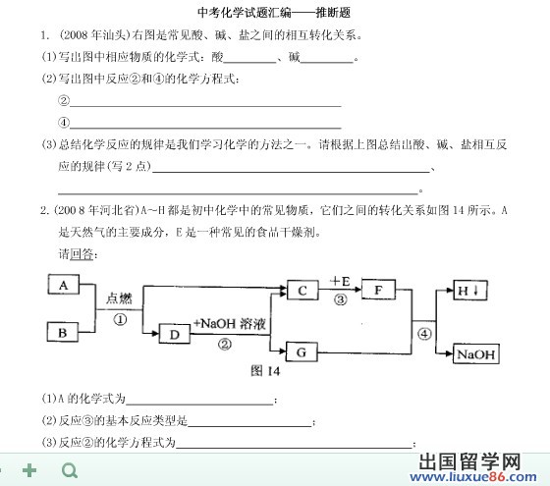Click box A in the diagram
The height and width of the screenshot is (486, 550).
coord(64,285)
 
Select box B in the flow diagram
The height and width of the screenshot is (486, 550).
coord(63,332)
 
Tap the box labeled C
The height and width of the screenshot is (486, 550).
coord(302,291)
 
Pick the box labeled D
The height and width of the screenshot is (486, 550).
coord(175,334)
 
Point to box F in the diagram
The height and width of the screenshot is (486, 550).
coord(378,290)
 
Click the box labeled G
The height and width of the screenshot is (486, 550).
coord(302,352)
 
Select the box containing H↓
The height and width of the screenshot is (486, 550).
coord(470,291)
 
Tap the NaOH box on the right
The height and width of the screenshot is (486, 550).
coord(476,353)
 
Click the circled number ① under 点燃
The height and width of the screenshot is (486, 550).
coord(120,319)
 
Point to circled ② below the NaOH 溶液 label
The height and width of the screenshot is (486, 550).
coord(225,345)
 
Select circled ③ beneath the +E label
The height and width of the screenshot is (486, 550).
coord(340,299)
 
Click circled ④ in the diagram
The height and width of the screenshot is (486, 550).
coord(424,334)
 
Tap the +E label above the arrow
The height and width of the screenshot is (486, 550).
coord(340,281)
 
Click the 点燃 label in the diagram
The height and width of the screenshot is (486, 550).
coord(119,298)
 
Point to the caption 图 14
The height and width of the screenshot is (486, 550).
coord(265,371)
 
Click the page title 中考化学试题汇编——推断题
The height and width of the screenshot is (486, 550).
coord(274,13)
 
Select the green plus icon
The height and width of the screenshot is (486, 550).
coord(29,470)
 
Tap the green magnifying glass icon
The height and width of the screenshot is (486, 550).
coord(70,470)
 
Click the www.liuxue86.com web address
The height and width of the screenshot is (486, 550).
coord(473,477)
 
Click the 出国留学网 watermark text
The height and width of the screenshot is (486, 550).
coord(469,461)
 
